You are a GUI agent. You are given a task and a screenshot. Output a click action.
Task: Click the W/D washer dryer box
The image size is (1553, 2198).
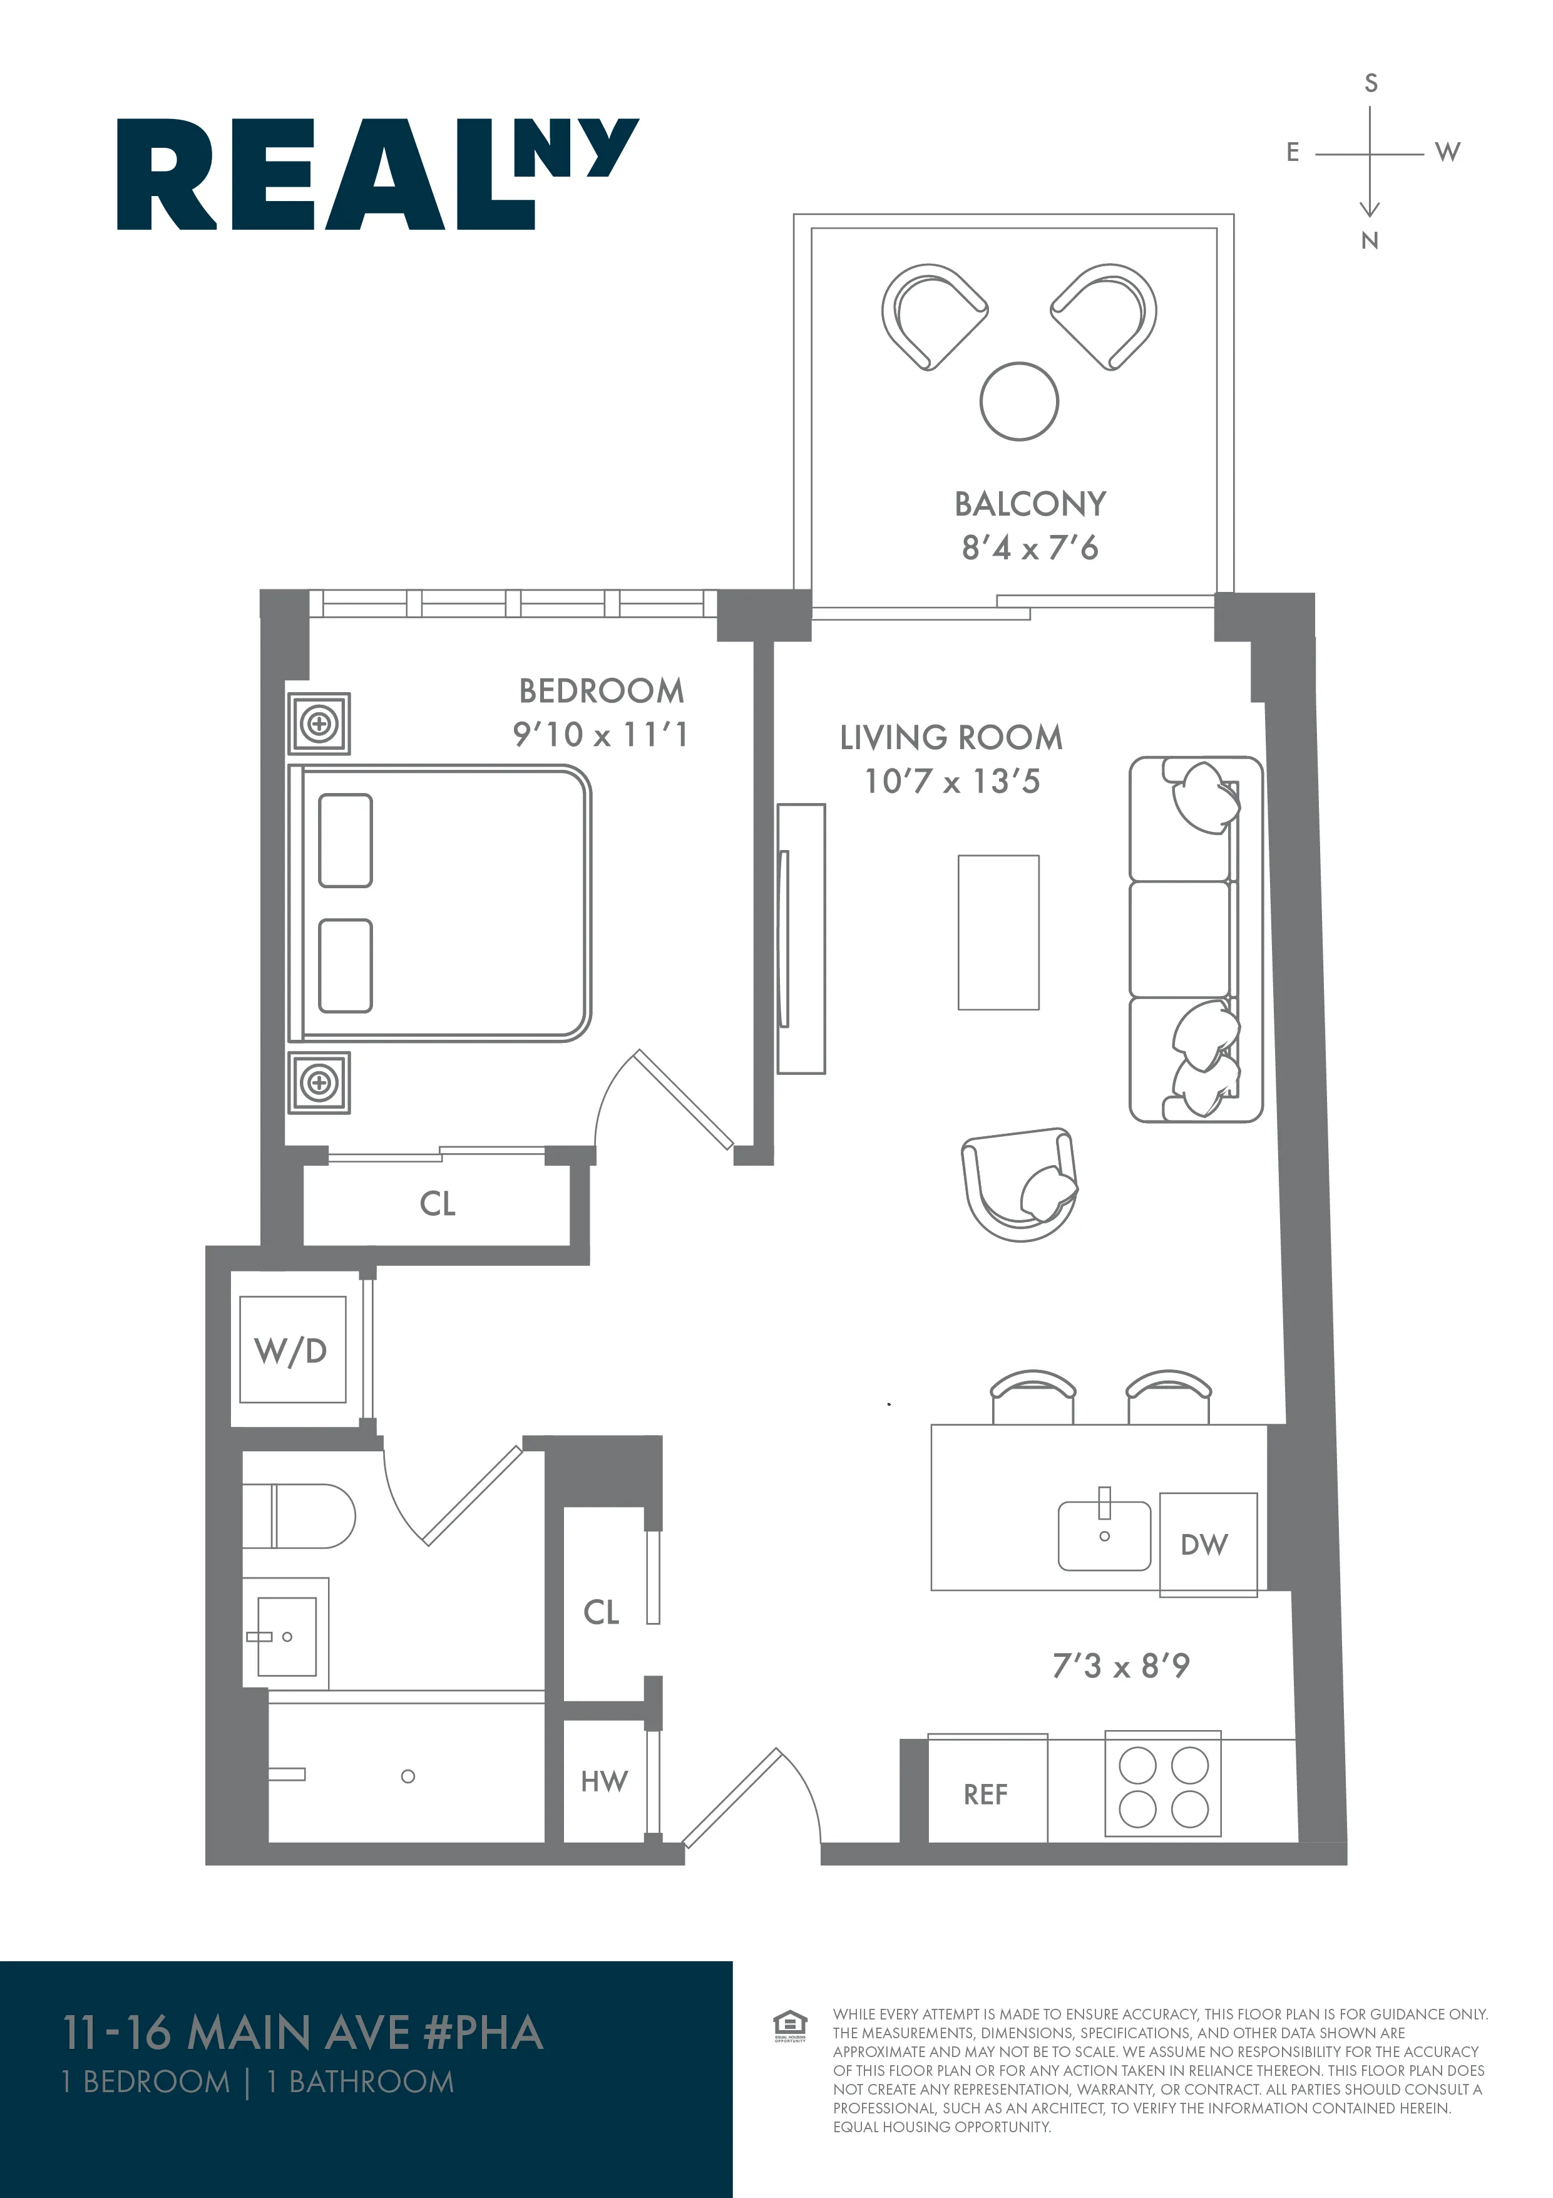tap(292, 1350)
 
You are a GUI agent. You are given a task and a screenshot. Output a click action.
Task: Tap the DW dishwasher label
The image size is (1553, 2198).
tap(1204, 1544)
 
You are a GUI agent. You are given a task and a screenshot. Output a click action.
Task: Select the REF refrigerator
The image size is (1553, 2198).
tap(986, 1794)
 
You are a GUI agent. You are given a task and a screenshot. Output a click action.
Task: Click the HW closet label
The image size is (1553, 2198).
tap(604, 1781)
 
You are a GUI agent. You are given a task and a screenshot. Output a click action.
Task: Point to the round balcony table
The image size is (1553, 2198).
tap(1019, 401)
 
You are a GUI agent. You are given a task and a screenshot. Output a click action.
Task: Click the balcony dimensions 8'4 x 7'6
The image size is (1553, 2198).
tap(1030, 549)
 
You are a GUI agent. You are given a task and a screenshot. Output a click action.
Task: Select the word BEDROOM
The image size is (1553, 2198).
tap(601, 690)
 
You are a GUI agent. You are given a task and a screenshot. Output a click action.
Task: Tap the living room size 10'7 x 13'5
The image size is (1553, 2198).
tap(951, 782)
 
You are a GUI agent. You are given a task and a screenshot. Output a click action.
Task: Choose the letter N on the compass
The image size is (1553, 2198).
tap(1369, 241)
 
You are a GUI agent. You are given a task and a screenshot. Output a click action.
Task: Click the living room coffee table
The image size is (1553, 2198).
tap(998, 933)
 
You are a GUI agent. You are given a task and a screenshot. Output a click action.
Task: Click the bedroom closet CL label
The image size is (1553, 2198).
tap(438, 1203)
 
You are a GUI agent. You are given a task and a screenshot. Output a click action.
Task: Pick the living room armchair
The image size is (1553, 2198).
tap(1019, 1185)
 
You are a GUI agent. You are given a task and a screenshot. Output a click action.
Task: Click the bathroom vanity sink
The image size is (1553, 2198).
tap(285, 1636)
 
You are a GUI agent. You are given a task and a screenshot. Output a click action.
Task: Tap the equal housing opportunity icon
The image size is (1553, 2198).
tap(789, 2026)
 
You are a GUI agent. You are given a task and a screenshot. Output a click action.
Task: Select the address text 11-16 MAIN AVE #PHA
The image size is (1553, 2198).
tap(302, 2033)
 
